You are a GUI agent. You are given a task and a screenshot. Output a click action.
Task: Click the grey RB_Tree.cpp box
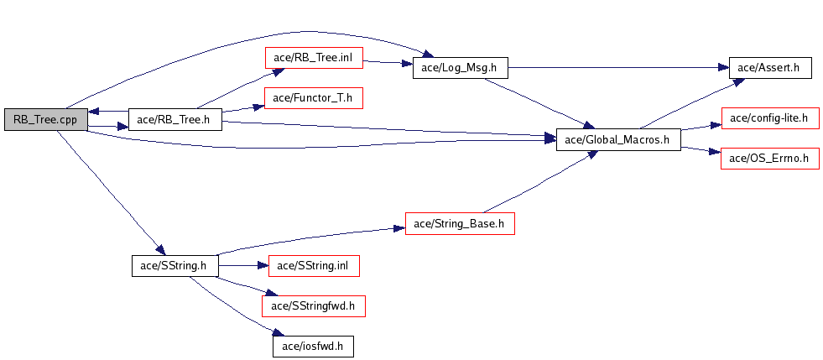[x=45, y=120]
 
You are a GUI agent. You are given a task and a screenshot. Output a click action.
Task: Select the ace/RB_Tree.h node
[x=174, y=120]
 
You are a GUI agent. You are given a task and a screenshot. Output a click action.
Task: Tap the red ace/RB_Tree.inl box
[x=314, y=57]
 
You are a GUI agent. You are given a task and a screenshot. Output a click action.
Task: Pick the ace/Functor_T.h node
[x=314, y=97]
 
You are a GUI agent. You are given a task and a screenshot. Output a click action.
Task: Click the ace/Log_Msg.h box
[x=461, y=68]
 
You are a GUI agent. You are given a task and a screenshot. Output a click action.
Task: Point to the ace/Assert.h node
[x=770, y=68]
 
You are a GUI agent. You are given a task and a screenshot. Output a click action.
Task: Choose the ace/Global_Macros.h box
[x=618, y=139]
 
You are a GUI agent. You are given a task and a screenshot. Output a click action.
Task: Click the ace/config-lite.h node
[x=770, y=118]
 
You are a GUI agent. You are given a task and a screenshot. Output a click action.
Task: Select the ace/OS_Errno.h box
[x=770, y=159]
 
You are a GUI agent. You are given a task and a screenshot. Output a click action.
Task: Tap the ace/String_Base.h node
[x=460, y=223]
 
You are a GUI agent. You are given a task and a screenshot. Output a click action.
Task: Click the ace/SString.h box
[x=174, y=265]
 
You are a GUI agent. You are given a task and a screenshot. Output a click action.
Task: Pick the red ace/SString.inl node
[x=314, y=265]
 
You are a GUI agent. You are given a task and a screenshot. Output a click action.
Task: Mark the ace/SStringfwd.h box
[x=314, y=306]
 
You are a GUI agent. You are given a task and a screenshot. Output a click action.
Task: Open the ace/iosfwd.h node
[x=313, y=347]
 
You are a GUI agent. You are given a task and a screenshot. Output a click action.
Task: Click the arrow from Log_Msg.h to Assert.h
[x=618, y=68]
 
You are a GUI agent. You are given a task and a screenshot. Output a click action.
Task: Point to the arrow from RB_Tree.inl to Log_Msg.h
[x=388, y=62]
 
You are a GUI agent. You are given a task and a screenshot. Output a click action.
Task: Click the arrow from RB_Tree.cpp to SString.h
[x=110, y=191]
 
